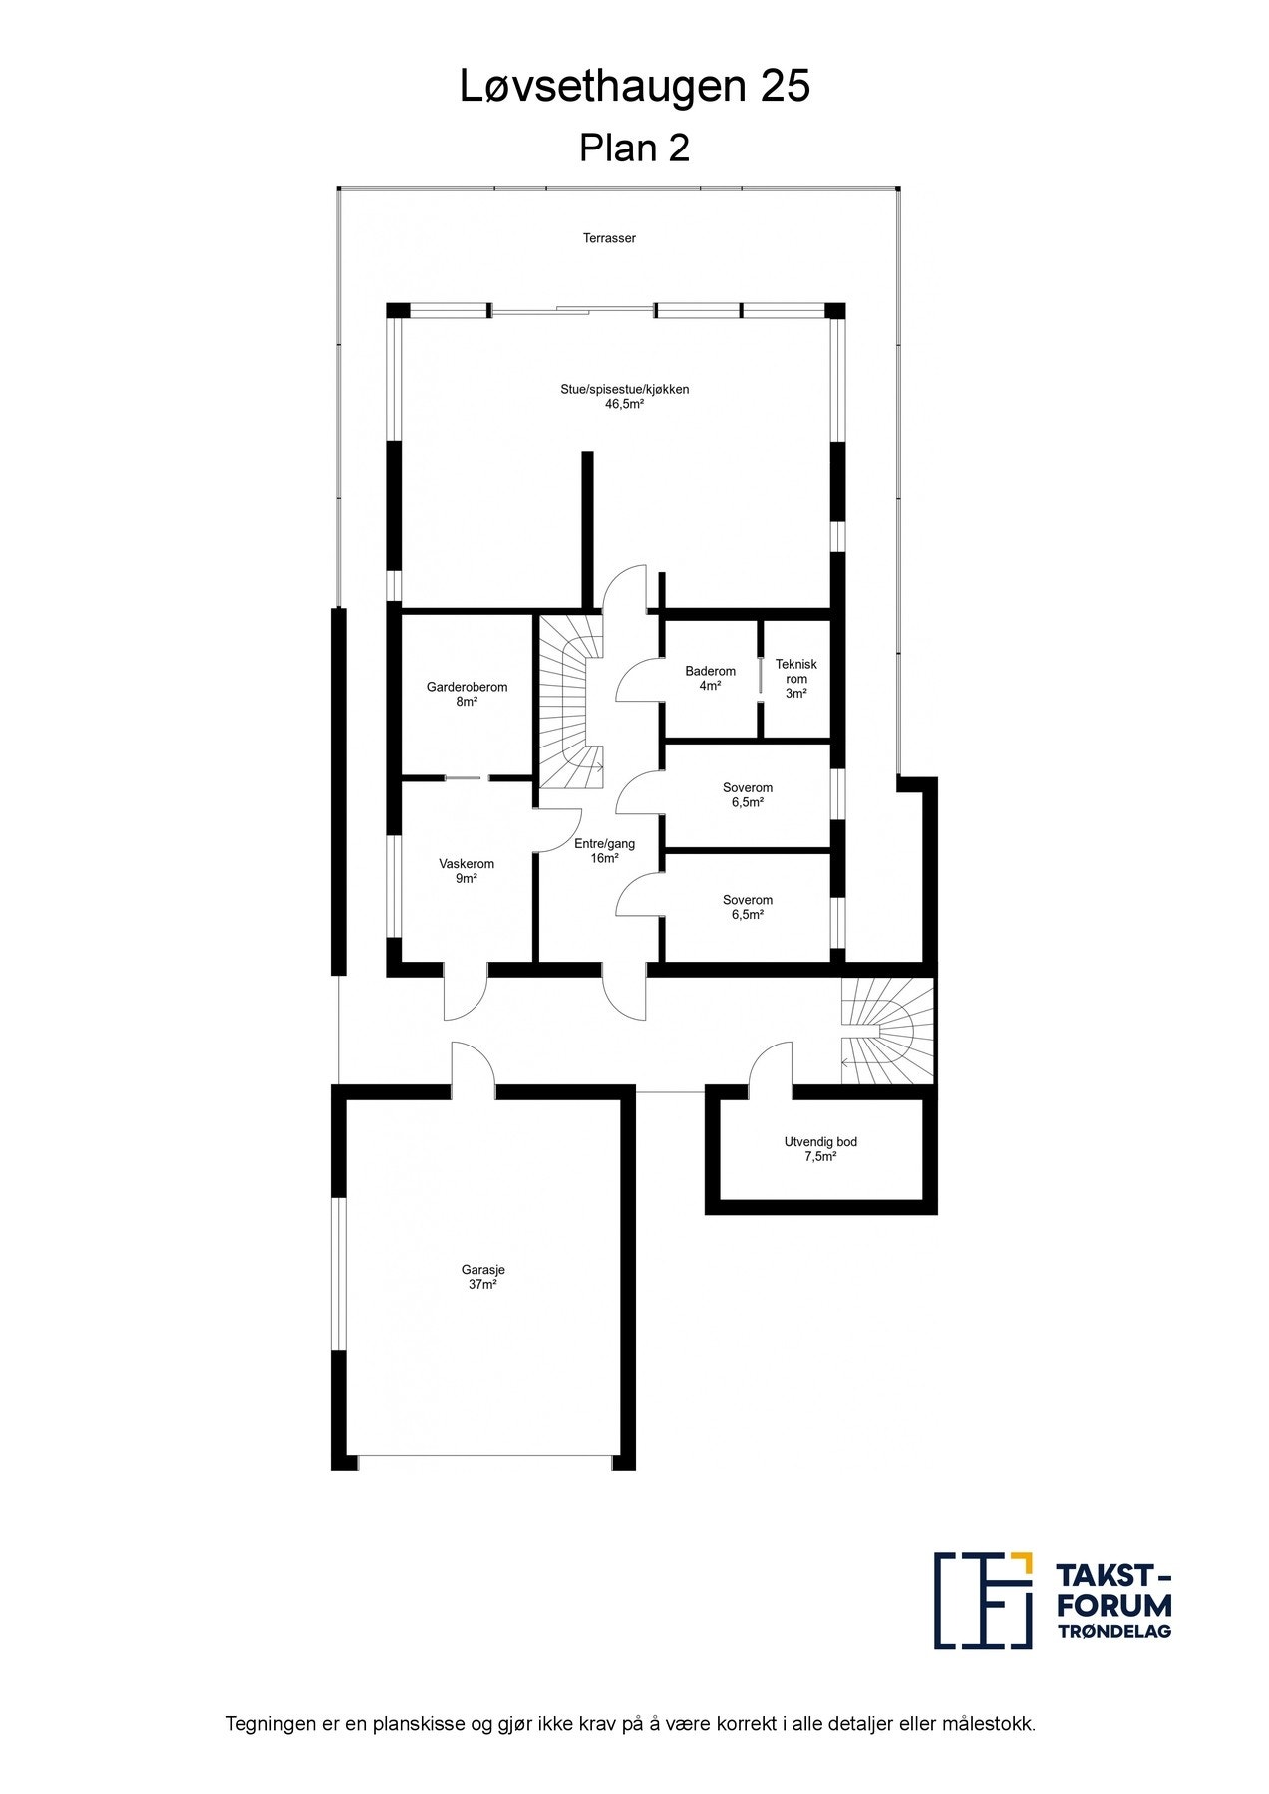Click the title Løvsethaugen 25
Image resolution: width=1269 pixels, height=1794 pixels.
point(634,88)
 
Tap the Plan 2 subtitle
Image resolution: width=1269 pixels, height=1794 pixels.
point(634,149)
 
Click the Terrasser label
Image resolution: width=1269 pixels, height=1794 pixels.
point(609,238)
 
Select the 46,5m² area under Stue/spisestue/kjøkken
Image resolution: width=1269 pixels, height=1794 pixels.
point(624,405)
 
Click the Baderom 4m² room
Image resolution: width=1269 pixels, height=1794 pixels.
point(710,678)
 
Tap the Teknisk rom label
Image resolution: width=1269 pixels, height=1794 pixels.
point(795,678)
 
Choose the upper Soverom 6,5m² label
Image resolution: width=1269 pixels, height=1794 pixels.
point(747,794)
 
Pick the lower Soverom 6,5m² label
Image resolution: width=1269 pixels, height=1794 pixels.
point(747,906)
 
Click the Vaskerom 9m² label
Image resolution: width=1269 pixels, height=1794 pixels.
point(467,871)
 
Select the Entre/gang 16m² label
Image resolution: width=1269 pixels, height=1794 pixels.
point(604,850)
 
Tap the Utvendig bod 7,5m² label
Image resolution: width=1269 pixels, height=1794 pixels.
point(819,1149)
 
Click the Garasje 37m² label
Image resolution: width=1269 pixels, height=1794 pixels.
point(482,1277)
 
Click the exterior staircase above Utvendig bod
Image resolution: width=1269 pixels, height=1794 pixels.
point(886,1030)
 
